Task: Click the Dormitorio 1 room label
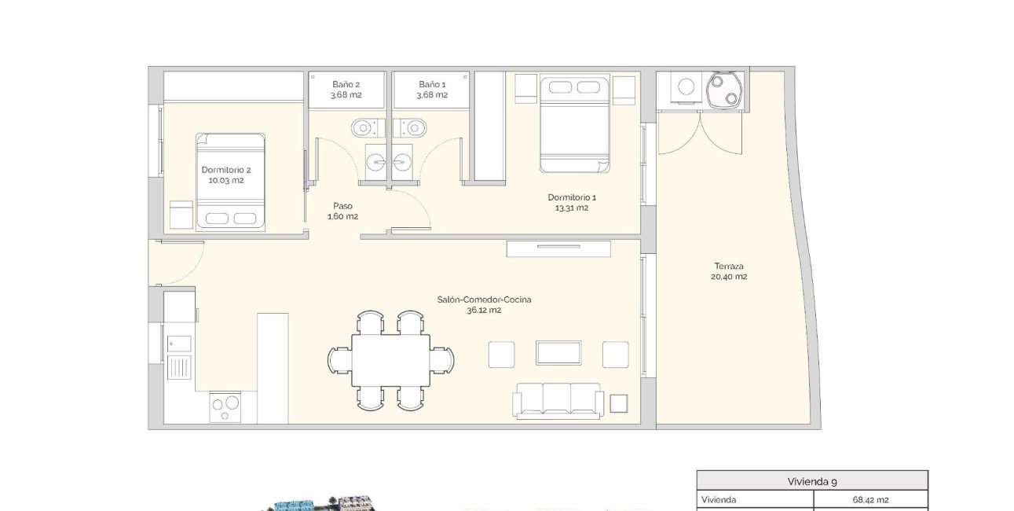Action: click(x=568, y=203)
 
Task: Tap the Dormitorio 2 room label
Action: click(x=226, y=175)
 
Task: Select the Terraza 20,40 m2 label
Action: click(x=729, y=271)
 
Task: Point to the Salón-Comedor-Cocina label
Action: click(x=479, y=304)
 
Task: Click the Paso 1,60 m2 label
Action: click(x=342, y=211)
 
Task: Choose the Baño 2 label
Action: click(x=346, y=90)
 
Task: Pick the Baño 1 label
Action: click(x=432, y=90)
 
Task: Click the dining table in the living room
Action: click(x=390, y=360)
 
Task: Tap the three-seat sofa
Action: click(x=558, y=400)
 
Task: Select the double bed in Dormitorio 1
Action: click(x=575, y=123)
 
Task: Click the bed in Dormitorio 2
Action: click(x=230, y=181)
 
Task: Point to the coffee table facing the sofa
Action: click(x=558, y=353)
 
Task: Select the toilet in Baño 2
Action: click(x=364, y=127)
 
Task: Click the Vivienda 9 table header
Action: click(x=812, y=481)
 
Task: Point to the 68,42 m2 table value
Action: click(x=870, y=499)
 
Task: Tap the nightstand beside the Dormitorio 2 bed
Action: click(x=181, y=215)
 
